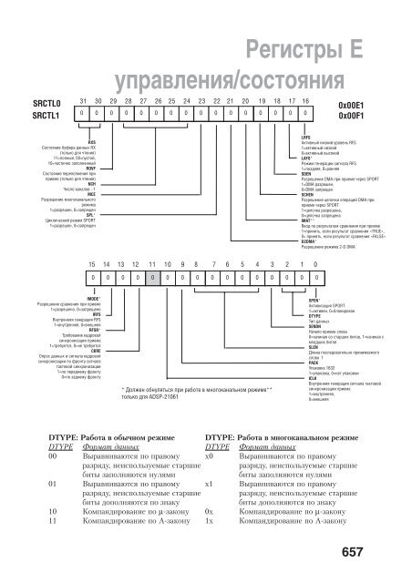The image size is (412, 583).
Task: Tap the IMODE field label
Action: coord(92,298)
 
